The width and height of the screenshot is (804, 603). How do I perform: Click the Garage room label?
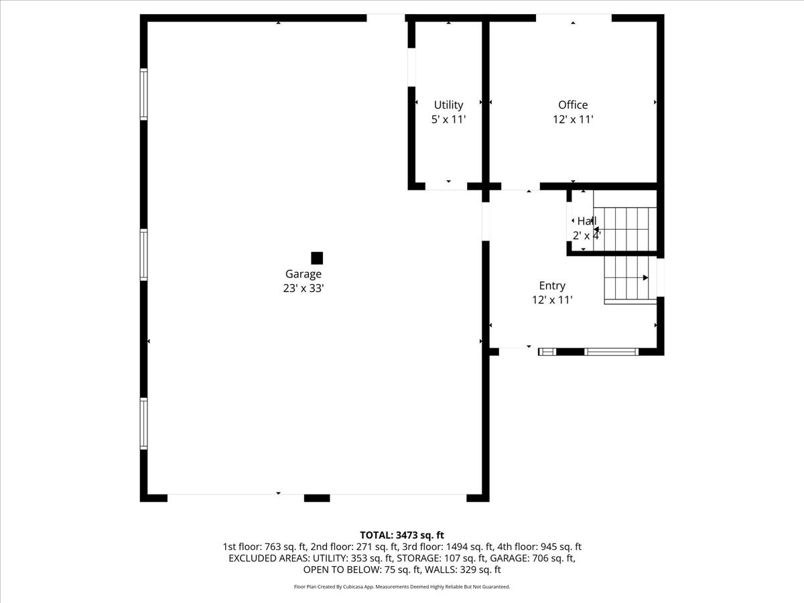coord(304,274)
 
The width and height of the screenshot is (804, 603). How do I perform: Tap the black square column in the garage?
coord(317,258)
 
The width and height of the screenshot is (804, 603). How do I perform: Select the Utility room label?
coord(448,105)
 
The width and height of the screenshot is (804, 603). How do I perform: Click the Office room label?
coord(573,105)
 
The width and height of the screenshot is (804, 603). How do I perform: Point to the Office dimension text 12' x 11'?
coord(573,119)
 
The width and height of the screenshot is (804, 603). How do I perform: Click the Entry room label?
coord(552,285)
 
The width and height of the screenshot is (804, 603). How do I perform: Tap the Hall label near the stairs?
coord(586,221)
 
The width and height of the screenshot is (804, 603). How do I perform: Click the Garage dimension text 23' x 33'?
coord(304,289)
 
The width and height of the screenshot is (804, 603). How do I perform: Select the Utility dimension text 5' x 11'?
coord(448,120)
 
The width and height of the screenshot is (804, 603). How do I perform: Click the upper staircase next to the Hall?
coord(625,229)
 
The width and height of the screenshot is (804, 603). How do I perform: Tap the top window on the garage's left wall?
coord(143,94)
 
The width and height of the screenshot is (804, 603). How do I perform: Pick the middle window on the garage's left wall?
coord(143,255)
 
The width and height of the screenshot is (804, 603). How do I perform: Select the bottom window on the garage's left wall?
coord(143,423)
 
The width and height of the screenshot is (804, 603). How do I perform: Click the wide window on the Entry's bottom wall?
coord(611,352)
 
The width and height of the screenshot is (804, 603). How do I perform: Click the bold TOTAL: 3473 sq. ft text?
coord(402,535)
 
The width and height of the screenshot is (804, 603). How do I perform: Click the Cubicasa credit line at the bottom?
coord(402,587)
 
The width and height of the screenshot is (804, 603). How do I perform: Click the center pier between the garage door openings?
coord(317,498)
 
